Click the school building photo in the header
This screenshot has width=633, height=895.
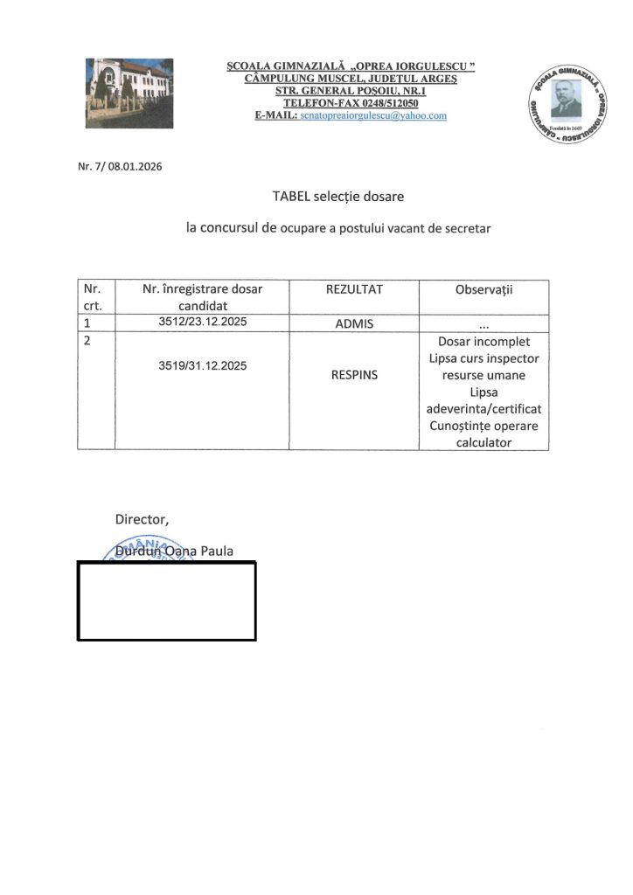pyautogui.click(x=129, y=92)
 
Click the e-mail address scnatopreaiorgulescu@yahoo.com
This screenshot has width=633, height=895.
pyautogui.click(x=373, y=115)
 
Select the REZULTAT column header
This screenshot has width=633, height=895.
pyautogui.click(x=354, y=289)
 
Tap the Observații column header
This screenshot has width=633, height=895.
pyautogui.click(x=483, y=289)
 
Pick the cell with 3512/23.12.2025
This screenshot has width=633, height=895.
pyautogui.click(x=202, y=322)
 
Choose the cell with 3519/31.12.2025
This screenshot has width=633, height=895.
pyautogui.click(x=202, y=365)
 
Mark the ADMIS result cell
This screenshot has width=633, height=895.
pyautogui.click(x=354, y=323)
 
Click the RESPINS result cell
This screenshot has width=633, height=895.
pyautogui.click(x=354, y=375)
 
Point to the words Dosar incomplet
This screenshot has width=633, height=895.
pyautogui.click(x=483, y=341)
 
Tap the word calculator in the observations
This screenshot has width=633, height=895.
pyautogui.click(x=483, y=442)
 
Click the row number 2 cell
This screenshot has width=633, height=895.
pyautogui.click(x=96, y=341)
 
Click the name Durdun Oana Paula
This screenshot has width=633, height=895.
pyautogui.click(x=175, y=552)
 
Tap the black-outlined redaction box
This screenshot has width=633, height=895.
pyautogui.click(x=166, y=600)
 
